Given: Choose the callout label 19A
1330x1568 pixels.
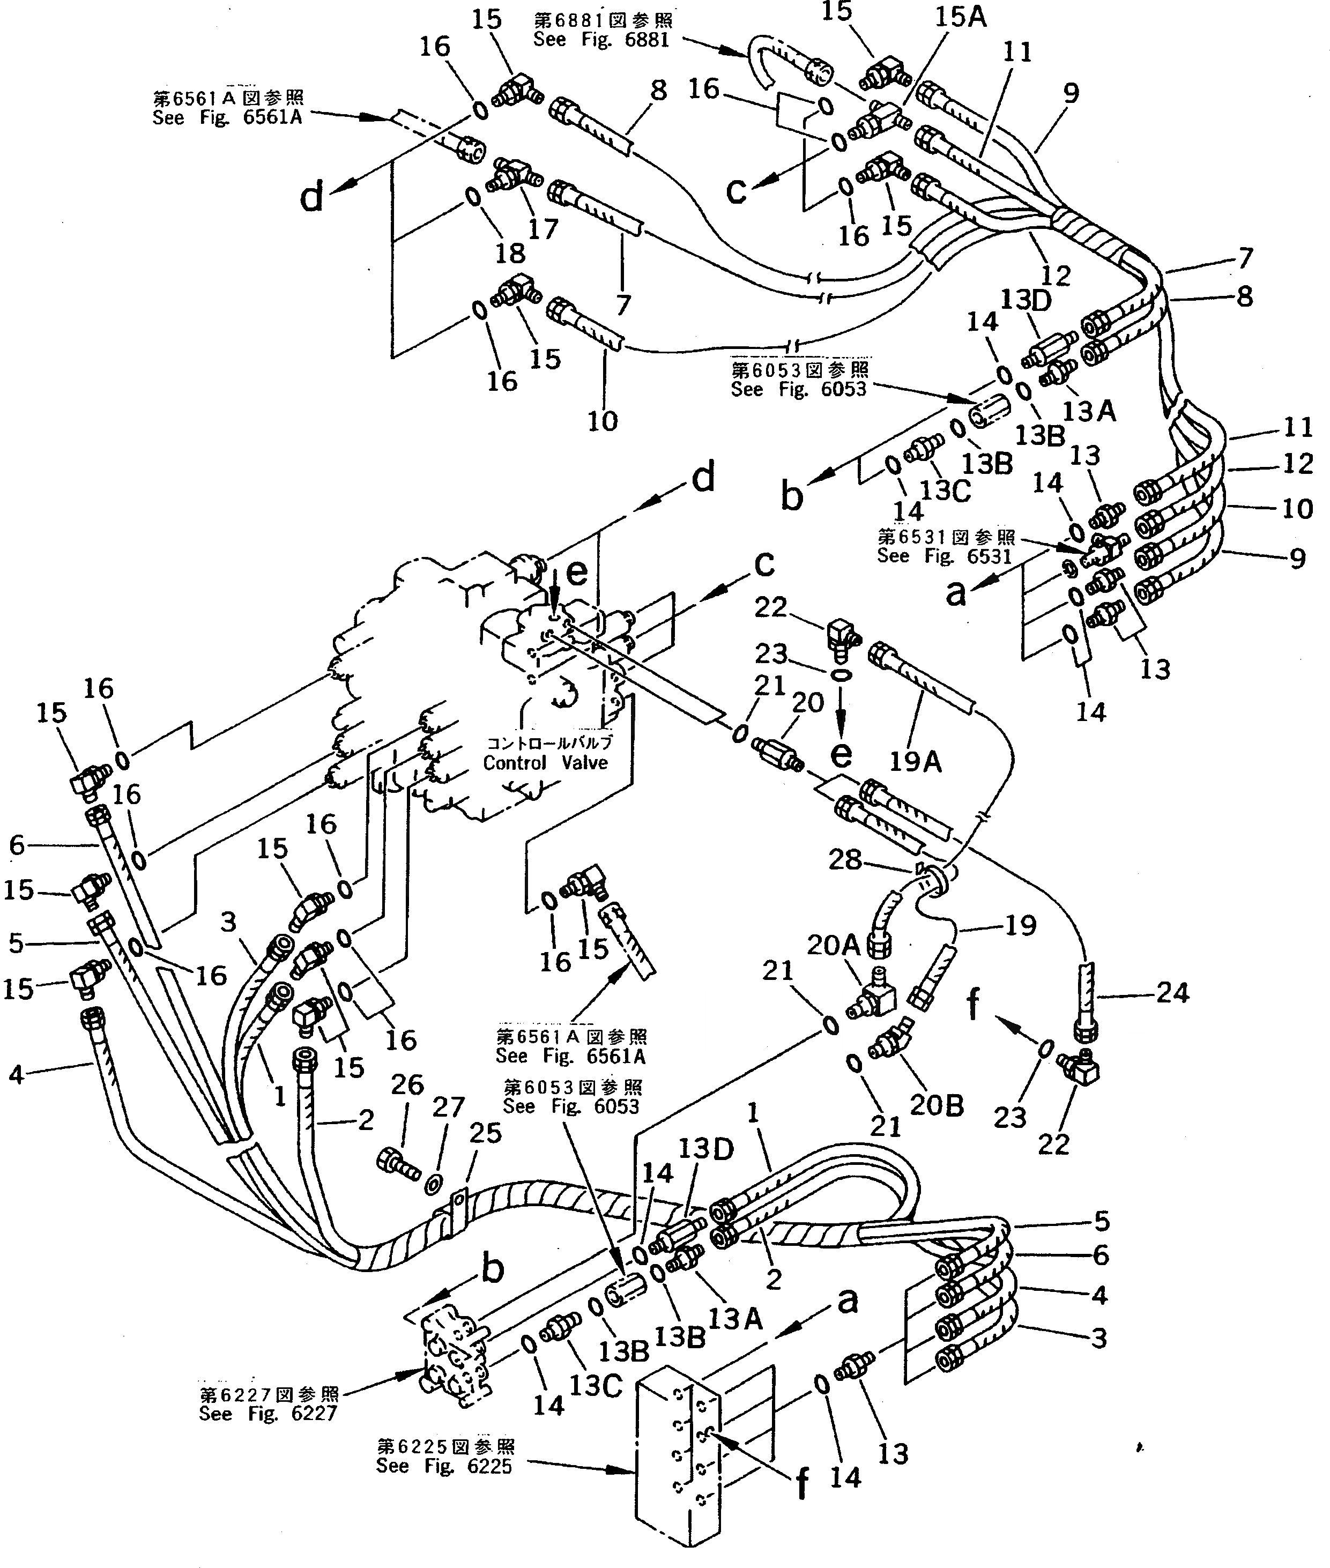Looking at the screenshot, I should click(x=915, y=762).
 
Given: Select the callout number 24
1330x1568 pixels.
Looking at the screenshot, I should click(x=1172, y=993).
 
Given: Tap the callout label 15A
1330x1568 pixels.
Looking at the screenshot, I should click(x=961, y=17).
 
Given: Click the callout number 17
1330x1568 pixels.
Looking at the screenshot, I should click(x=543, y=228).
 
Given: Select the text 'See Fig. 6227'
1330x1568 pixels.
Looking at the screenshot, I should click(x=268, y=1414).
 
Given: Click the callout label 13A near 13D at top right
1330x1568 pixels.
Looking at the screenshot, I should click(x=1089, y=411).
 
